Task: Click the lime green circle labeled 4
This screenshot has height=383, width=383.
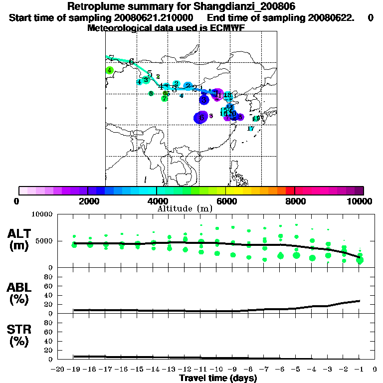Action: [109, 70]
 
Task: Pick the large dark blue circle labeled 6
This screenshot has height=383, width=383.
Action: [201, 117]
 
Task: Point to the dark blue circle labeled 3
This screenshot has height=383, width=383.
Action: [204, 100]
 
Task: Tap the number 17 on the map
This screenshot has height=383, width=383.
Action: [251, 129]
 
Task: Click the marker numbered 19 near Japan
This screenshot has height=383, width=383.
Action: [256, 119]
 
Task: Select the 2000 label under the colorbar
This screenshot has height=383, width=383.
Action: [87, 201]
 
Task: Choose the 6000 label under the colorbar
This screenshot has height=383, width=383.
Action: [225, 201]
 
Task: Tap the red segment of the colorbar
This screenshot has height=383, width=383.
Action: [290, 191]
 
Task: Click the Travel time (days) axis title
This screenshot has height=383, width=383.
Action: [218, 379]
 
